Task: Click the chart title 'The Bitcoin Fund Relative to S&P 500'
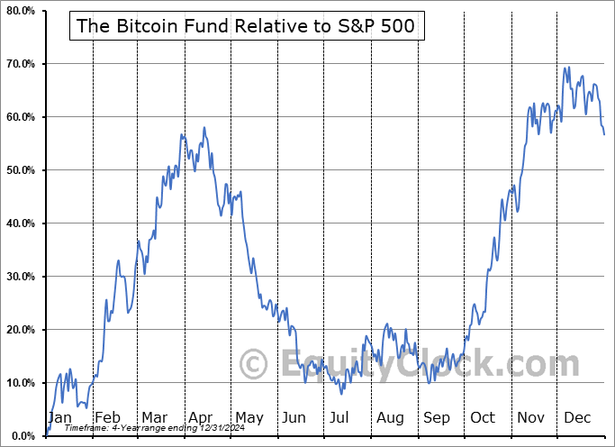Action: click(x=246, y=26)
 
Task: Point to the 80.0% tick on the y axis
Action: click(x=20, y=11)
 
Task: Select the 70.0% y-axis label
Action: click(x=20, y=64)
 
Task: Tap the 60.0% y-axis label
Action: click(x=20, y=117)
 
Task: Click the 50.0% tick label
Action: click(x=20, y=170)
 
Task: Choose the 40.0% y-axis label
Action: click(x=20, y=223)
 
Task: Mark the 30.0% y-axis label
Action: click(x=20, y=277)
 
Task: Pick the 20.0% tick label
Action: click(x=20, y=330)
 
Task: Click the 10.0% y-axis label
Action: click(x=20, y=383)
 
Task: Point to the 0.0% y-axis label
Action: click(x=23, y=436)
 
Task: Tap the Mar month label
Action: click(x=155, y=418)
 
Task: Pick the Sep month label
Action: click(x=437, y=418)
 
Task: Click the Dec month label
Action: click(x=577, y=418)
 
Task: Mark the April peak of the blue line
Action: click(x=204, y=127)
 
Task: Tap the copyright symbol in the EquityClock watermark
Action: click(x=254, y=365)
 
